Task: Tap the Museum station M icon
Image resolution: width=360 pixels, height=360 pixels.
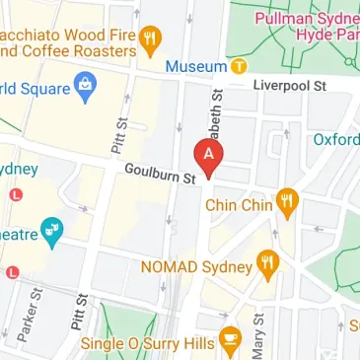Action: (x=239, y=67)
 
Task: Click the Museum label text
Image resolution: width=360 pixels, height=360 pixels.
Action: (x=195, y=67)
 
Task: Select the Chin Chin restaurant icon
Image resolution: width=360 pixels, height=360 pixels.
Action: (x=288, y=204)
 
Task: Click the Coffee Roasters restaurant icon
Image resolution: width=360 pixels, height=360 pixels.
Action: (x=151, y=39)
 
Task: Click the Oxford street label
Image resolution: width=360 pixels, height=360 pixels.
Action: (x=336, y=140)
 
